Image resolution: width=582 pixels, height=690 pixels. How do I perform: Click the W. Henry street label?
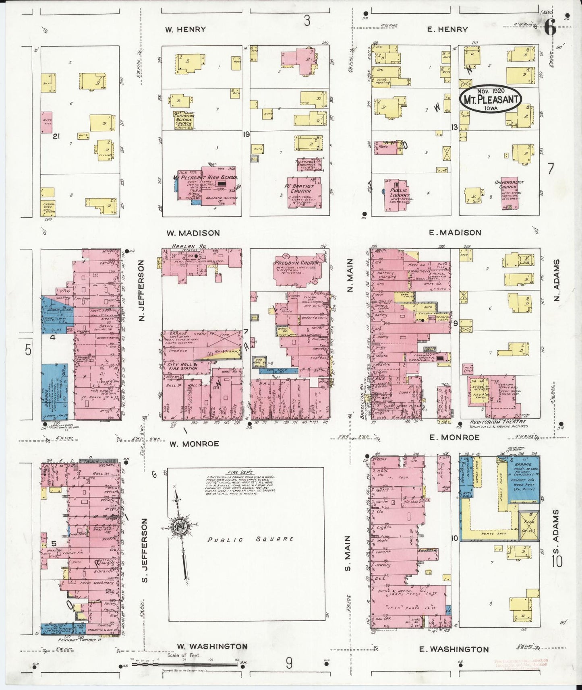click(x=185, y=29)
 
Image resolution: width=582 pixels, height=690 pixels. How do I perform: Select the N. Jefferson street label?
click(x=142, y=290)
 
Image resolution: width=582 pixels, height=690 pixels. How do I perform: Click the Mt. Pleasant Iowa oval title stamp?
click(x=491, y=99)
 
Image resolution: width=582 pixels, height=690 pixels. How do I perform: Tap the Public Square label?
click(x=251, y=539)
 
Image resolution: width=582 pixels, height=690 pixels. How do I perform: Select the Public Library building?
click(x=398, y=195)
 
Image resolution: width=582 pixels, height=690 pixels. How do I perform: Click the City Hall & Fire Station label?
click(x=184, y=366)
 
